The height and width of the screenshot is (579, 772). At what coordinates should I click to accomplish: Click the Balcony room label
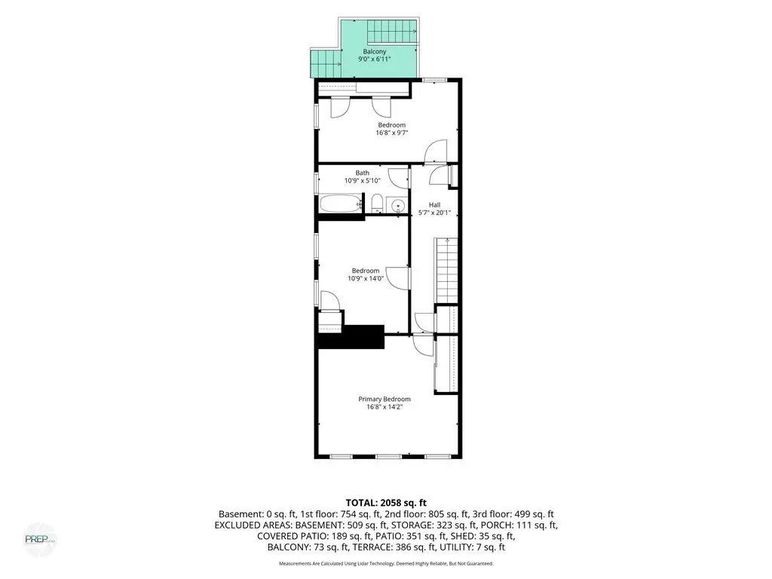tap(375, 52)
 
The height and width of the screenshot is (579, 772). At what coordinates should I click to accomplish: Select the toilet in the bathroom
tap(377, 204)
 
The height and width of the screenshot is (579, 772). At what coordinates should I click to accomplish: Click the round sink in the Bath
tap(397, 204)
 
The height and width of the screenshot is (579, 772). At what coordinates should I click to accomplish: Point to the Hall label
tap(434, 205)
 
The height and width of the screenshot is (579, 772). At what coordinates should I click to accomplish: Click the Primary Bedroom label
tap(384, 399)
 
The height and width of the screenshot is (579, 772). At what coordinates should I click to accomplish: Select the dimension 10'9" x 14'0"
tap(366, 279)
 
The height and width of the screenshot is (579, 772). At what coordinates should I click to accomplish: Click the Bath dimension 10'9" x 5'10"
tap(363, 181)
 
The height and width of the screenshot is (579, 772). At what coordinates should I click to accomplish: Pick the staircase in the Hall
tap(446, 271)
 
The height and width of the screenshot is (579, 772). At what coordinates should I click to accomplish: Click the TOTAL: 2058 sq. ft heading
tap(386, 503)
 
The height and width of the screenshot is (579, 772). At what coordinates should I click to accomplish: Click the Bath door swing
tap(399, 177)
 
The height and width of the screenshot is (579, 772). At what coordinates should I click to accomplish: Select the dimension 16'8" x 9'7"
tap(392, 133)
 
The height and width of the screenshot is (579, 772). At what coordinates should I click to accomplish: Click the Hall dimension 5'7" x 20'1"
tap(434, 213)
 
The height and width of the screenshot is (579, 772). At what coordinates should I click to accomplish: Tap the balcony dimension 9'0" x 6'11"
tap(375, 59)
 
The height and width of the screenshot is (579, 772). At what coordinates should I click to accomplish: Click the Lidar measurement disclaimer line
tap(386, 563)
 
